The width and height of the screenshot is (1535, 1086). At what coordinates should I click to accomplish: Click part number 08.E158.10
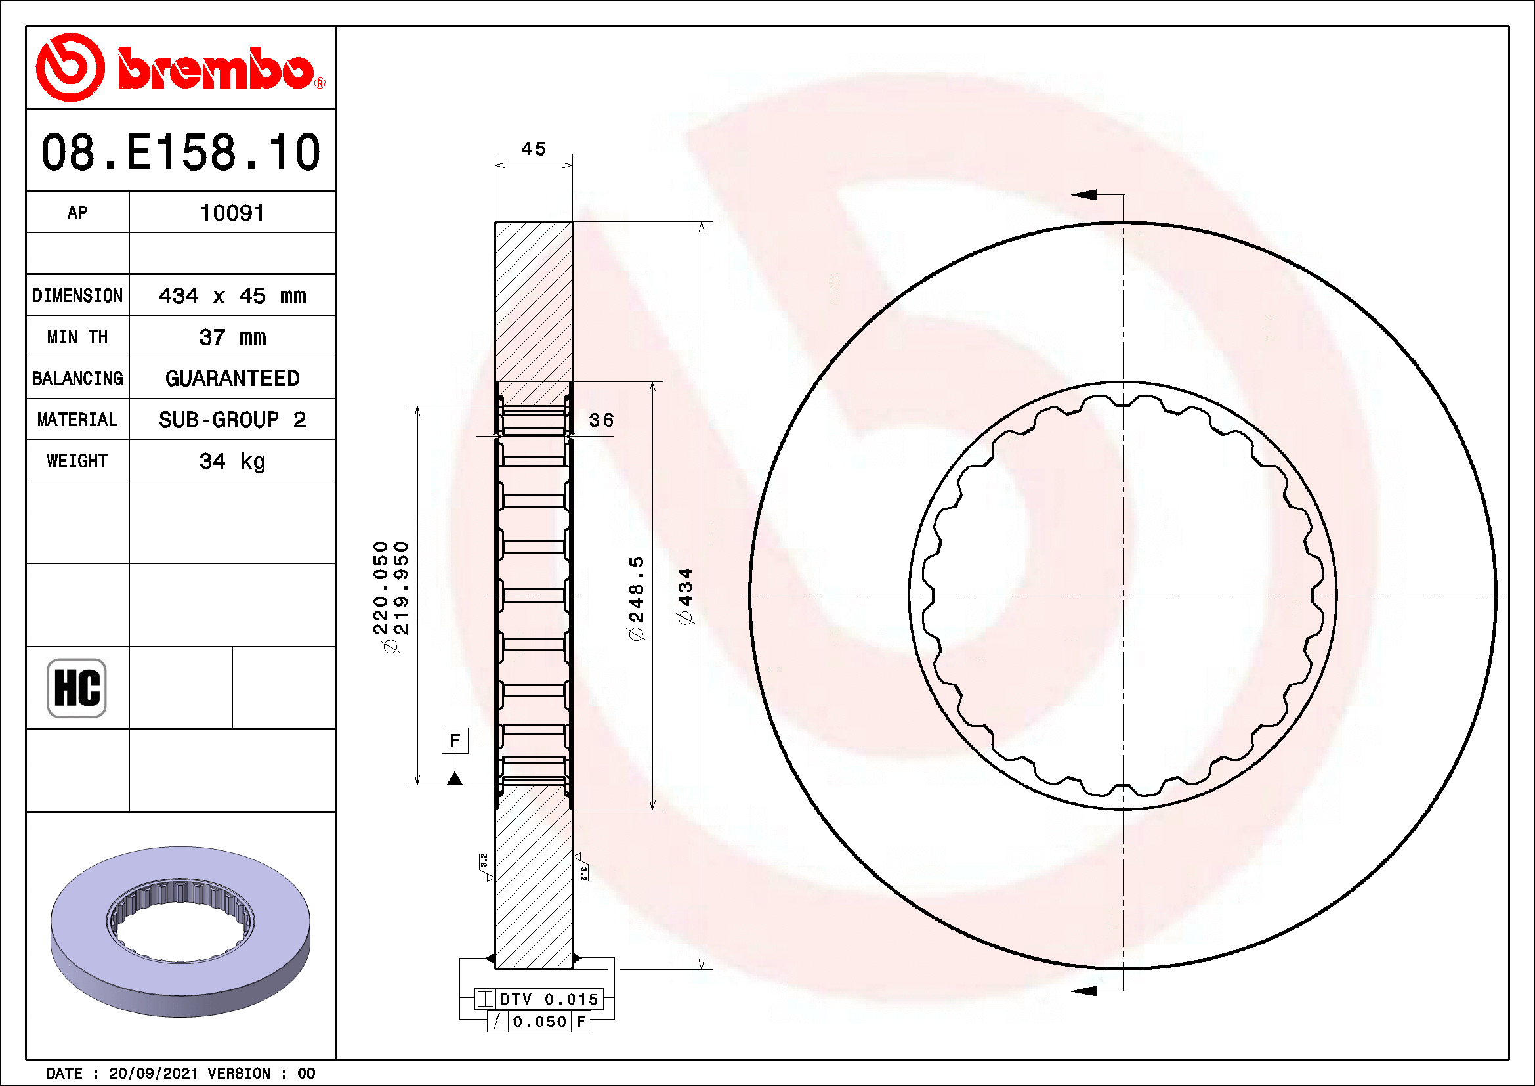pyautogui.click(x=180, y=152)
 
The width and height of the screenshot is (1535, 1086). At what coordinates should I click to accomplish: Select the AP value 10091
pyautogui.click(x=232, y=213)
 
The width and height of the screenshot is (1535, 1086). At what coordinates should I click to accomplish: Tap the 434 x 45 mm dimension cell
pyautogui.click(x=232, y=295)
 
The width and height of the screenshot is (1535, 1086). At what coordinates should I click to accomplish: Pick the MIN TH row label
pyautogui.click(x=77, y=337)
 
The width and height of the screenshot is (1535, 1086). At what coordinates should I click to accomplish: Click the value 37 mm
pyautogui.click(x=232, y=337)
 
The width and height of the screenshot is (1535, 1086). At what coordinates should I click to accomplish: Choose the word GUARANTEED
pyautogui.click(x=232, y=378)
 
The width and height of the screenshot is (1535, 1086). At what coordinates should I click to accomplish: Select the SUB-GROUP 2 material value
pyautogui.click(x=232, y=420)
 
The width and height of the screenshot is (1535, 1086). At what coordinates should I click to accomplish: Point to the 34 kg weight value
pyautogui.click(x=232, y=462)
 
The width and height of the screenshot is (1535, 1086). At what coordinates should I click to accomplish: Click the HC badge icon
pyautogui.click(x=77, y=688)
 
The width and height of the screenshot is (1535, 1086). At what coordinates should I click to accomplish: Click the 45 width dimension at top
pyautogui.click(x=534, y=148)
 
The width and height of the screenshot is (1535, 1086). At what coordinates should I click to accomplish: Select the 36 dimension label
pyautogui.click(x=601, y=420)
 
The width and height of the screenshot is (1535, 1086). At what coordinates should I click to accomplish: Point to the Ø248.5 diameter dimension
pyautogui.click(x=637, y=598)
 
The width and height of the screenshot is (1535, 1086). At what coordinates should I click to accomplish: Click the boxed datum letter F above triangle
pyautogui.click(x=455, y=741)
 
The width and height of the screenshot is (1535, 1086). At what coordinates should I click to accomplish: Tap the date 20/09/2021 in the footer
pyautogui.click(x=153, y=1074)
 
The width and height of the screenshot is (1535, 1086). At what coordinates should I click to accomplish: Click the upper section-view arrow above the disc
pyautogui.click(x=1084, y=194)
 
